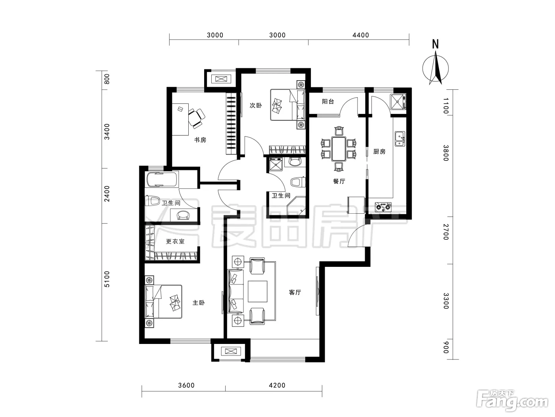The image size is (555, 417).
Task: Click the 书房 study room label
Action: (200, 140)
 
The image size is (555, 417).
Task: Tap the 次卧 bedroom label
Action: (256, 105)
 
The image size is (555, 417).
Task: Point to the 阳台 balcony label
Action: (328, 102)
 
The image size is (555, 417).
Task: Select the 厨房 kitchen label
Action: (379, 151)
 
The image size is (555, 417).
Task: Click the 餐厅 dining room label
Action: (339, 181)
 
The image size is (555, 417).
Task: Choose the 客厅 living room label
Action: (295, 292)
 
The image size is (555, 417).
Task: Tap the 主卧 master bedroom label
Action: (199, 303)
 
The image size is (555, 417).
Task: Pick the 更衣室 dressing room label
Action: (175, 241)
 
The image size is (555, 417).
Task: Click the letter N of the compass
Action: (435, 44)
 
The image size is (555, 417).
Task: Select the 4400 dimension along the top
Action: (361, 35)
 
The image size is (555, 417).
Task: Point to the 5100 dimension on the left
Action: (107, 279)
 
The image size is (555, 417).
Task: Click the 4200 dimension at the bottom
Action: (277, 385)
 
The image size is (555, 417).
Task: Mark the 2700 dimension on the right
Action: (446, 232)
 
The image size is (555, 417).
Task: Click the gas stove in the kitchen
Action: (383, 207)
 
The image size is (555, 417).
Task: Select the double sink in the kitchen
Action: (400, 139)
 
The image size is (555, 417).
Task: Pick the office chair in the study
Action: (197, 118)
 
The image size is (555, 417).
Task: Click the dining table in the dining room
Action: (339, 149)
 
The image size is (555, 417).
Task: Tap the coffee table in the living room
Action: (257, 292)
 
